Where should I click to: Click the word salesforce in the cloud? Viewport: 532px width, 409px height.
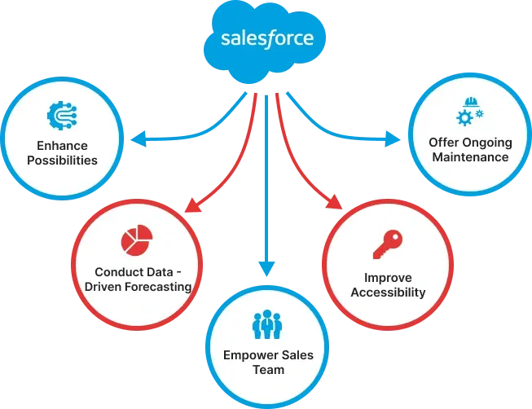[267, 38]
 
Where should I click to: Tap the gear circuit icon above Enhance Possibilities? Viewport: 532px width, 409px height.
[62, 116]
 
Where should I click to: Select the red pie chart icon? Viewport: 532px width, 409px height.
[137, 240]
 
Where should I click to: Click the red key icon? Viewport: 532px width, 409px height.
[388, 244]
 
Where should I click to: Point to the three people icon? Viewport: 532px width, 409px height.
[267, 324]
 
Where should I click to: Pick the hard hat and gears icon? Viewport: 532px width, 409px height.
[470, 112]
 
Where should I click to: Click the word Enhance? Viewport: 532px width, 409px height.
[62, 146]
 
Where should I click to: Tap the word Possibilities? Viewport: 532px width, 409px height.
[62, 161]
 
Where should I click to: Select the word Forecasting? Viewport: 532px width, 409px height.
[158, 287]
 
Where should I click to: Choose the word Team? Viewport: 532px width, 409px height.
[268, 370]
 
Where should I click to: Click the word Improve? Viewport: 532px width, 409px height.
[388, 278]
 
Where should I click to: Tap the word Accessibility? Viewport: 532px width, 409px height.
[388, 292]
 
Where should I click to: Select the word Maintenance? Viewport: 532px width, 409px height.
[470, 157]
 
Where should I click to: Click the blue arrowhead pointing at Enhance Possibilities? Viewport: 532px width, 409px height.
[138, 139]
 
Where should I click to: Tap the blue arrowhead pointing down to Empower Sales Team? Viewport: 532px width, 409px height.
[266, 269]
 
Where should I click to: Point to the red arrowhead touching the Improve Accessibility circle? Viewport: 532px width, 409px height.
[335, 202]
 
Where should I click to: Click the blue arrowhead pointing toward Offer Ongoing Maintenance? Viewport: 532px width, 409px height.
[393, 139]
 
